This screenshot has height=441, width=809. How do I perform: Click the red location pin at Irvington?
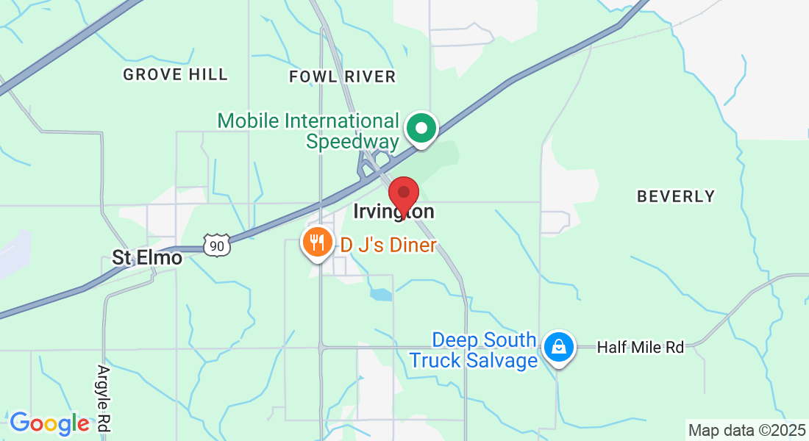403,193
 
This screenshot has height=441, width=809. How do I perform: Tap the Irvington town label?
393,212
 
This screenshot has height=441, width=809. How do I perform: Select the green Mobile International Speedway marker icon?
422,129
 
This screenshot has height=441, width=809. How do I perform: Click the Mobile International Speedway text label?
308,131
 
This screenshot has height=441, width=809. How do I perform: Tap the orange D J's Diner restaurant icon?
318,241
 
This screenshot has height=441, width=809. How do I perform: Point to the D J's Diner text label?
388,245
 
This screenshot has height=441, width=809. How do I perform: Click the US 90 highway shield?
216,246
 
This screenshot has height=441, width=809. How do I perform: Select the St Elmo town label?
146,258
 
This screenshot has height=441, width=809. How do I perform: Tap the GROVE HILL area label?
175,75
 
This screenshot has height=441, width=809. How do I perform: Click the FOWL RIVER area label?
342,76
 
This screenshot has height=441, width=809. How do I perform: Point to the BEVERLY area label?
675,196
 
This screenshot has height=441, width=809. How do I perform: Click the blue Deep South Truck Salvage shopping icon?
559,347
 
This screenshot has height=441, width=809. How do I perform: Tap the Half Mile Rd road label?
640,347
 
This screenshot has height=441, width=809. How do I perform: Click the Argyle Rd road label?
104,398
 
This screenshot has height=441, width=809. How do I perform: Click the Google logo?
49,423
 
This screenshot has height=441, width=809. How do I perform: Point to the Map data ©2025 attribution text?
746,430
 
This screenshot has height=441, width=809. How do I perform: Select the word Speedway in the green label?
352,141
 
